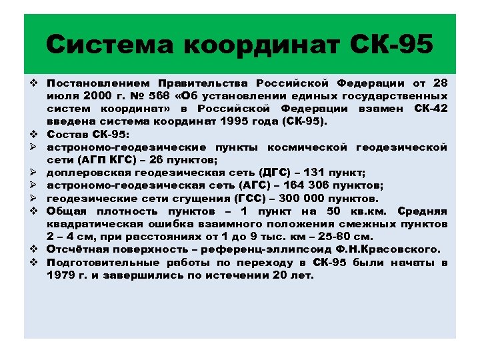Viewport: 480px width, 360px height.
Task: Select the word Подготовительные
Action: pyautogui.click(x=104, y=262)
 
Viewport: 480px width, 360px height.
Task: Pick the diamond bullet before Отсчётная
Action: pyautogui.click(x=32, y=249)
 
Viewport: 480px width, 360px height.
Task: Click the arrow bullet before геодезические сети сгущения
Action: pyautogui.click(x=32, y=199)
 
